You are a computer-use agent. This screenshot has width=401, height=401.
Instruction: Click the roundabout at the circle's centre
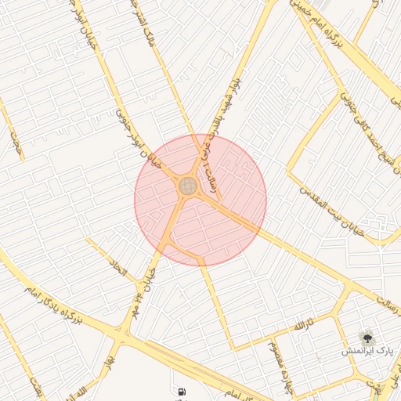(188, 186)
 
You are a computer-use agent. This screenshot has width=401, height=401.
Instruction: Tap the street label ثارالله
(304, 323)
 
